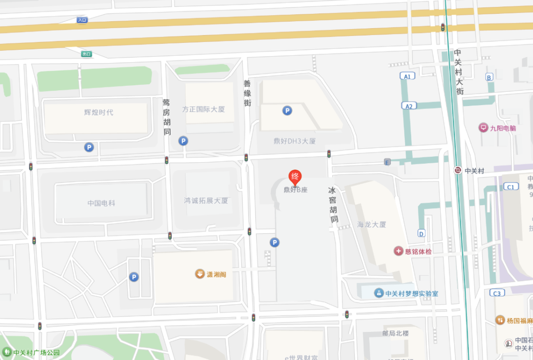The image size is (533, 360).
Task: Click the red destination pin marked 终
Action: pyautogui.click(x=295, y=177)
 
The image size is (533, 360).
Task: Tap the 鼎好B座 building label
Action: pyautogui.click(x=295, y=190)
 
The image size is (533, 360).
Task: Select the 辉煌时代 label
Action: pyautogui.click(x=99, y=112)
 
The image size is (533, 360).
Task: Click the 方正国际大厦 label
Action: pyautogui.click(x=203, y=109)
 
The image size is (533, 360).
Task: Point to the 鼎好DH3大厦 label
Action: pyautogui.click(x=295, y=141)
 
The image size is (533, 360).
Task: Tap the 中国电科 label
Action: pyautogui.click(x=101, y=203)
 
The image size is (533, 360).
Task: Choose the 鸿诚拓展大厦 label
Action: pyautogui.click(x=206, y=201)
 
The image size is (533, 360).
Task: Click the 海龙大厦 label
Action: pyautogui.click(x=372, y=224)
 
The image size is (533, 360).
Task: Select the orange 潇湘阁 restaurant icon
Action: pyautogui.click(x=199, y=274)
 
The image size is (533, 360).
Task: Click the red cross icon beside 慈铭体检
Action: pyautogui.click(x=398, y=252)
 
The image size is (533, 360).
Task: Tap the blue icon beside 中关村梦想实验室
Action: pyautogui.click(x=379, y=293)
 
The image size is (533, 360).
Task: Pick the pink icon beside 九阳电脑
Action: pyautogui.click(x=483, y=128)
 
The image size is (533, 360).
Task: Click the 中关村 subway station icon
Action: pyautogui.click(x=458, y=171)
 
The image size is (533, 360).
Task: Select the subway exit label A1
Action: pyautogui.click(x=408, y=76)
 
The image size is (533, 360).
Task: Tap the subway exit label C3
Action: pyautogui.click(x=496, y=293)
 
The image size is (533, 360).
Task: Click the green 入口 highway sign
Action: pyautogui.click(x=82, y=20)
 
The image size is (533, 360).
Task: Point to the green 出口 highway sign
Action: pyautogui.click(x=87, y=54)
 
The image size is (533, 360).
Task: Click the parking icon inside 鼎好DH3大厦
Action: pyautogui.click(x=287, y=111)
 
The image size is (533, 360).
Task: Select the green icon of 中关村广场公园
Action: pyautogui.click(x=7, y=352)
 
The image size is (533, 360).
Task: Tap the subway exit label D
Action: pyautogui.click(x=421, y=233)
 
